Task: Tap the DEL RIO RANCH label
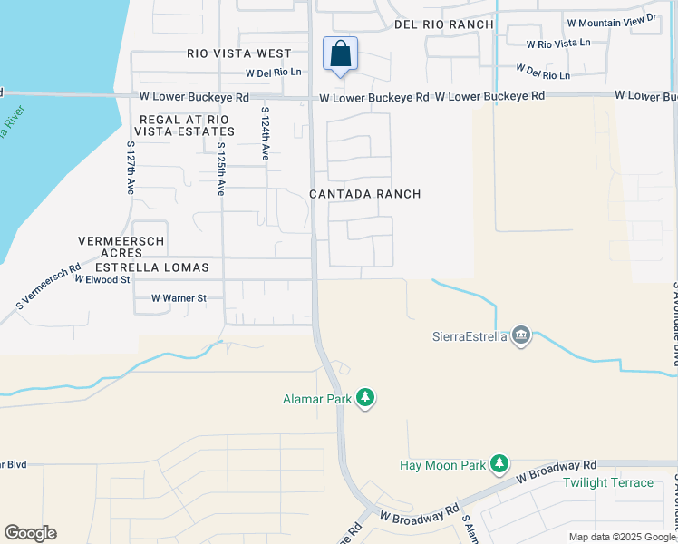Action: click(x=444, y=24)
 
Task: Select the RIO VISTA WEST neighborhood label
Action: click(x=239, y=54)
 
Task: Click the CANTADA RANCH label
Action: click(x=365, y=194)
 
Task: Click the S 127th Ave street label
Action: click(x=131, y=167)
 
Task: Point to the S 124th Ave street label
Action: click(x=266, y=134)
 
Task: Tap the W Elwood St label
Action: click(x=102, y=280)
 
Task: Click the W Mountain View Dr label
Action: click(x=613, y=18)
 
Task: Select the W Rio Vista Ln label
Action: click(x=563, y=43)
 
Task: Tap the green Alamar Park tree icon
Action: click(x=365, y=397)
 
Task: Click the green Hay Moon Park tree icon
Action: click(x=499, y=464)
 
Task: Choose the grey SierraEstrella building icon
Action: click(x=520, y=336)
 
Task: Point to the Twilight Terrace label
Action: click(x=607, y=482)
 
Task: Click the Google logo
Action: click(x=30, y=533)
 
